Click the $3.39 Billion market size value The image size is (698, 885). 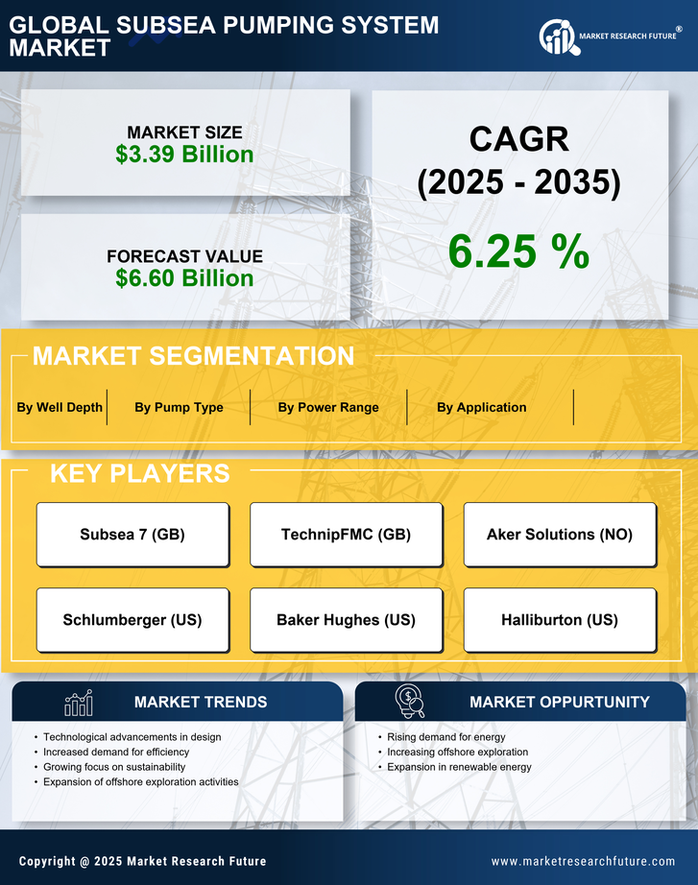point(184,155)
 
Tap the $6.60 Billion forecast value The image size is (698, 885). point(184,278)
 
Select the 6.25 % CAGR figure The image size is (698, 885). point(518,251)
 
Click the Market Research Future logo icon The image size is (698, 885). point(556,37)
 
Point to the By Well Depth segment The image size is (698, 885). point(60,407)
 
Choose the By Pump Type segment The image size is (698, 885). point(179,407)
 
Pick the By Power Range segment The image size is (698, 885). point(328,407)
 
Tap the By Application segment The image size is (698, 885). point(481,407)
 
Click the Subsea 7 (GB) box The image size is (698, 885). point(132,535)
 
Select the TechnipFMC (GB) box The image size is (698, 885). point(346,535)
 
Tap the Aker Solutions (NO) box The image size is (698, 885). point(560,535)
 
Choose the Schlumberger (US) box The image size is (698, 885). point(132,620)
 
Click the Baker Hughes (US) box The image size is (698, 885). point(346,620)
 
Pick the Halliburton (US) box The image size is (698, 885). point(560,620)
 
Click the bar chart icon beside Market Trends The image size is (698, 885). point(78,703)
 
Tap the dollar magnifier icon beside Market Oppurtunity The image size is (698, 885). point(409,703)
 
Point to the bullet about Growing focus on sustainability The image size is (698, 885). point(114,767)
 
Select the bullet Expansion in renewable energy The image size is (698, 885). point(459,767)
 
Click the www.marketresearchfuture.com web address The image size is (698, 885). point(583,861)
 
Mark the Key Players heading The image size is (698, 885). point(139,473)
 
